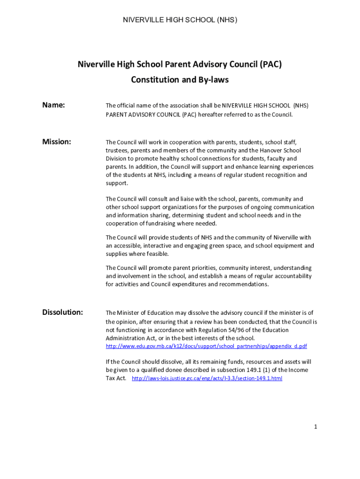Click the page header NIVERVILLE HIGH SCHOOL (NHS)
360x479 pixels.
180,20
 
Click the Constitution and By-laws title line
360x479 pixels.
180,80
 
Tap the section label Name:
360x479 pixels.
53,105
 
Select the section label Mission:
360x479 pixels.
57,142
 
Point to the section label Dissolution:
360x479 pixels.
63,312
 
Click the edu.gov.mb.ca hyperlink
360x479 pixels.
206,346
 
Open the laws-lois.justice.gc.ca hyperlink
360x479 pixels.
207,378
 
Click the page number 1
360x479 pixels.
316,427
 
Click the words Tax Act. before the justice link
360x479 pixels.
116,378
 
